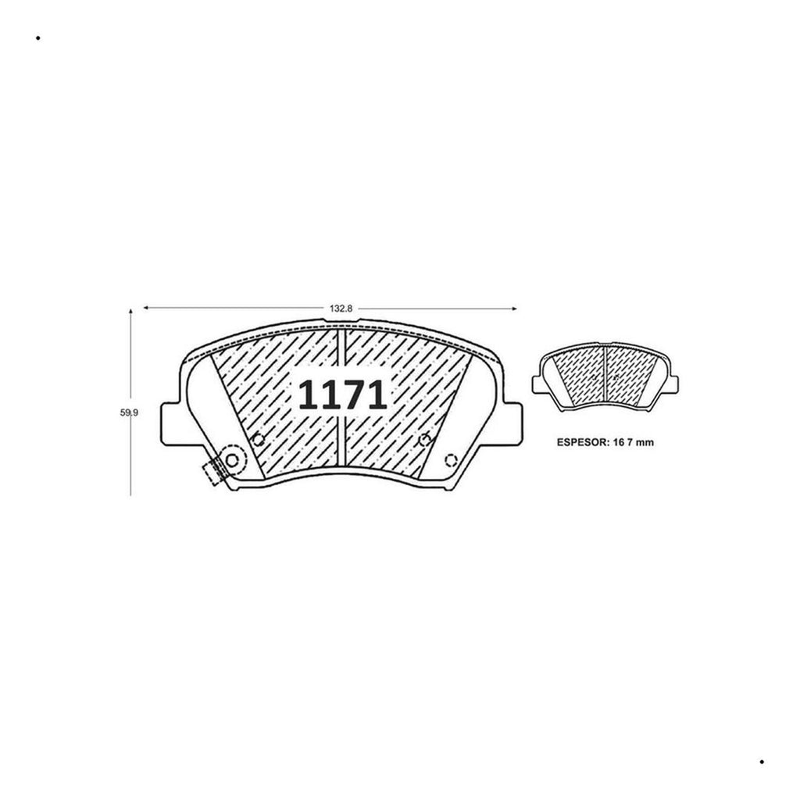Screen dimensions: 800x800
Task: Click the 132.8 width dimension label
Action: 341,309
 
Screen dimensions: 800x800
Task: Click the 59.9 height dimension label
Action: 129,412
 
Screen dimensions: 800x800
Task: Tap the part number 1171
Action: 342,395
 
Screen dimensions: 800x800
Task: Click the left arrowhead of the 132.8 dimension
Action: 146,308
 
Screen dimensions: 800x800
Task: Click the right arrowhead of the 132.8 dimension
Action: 514,308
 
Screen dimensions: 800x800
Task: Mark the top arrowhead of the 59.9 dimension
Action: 130,311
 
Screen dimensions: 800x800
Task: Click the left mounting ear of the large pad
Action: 170,423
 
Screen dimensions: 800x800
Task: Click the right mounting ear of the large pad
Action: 513,423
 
